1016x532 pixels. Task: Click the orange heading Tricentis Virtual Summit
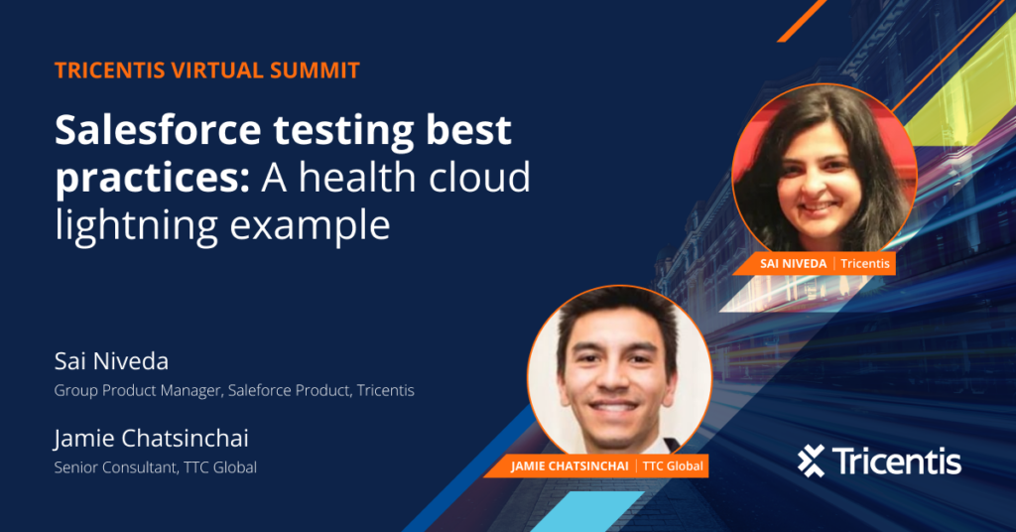207,70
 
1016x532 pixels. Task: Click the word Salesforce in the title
158,130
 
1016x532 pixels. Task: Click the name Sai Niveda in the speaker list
111,361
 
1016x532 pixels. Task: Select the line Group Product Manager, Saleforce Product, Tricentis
234,390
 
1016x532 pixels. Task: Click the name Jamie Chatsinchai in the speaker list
152,438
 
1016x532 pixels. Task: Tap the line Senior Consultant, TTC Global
156,467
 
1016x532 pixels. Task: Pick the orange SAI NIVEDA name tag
816,264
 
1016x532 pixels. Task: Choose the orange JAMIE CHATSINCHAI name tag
596,465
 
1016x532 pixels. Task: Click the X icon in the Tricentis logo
812,462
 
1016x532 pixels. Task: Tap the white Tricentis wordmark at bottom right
897,462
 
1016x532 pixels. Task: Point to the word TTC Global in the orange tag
673,465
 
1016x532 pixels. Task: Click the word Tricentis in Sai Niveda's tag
865,264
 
